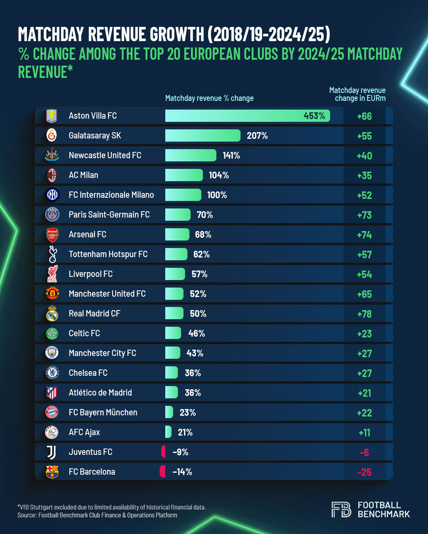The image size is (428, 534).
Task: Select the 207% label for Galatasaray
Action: pos(257,136)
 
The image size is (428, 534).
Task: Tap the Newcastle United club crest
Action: pos(52,155)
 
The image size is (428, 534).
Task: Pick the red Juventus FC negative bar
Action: pos(163,452)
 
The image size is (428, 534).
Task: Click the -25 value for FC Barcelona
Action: pos(364,472)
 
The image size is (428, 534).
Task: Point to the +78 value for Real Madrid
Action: pos(364,314)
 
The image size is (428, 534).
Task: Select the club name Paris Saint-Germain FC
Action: pos(109,214)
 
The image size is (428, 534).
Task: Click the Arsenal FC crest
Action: pos(52,235)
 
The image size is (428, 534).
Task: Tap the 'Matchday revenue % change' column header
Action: pos(209,98)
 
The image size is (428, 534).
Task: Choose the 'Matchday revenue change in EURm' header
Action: pos(358,94)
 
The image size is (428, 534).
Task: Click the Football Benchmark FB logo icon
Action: pos(341,509)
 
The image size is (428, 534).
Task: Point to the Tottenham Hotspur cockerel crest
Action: pos(52,254)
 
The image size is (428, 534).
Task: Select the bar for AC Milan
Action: pos(184,175)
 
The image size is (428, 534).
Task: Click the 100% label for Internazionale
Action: pos(217,195)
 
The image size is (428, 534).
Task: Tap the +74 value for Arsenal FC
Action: pos(364,235)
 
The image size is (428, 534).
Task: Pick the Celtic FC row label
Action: pos(84,333)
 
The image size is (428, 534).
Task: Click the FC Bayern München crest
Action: pos(52,413)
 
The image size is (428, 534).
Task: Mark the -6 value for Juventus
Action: pos(364,452)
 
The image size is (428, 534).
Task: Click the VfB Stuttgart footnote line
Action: pos(112,507)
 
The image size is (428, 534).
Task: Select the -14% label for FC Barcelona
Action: pos(182,472)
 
